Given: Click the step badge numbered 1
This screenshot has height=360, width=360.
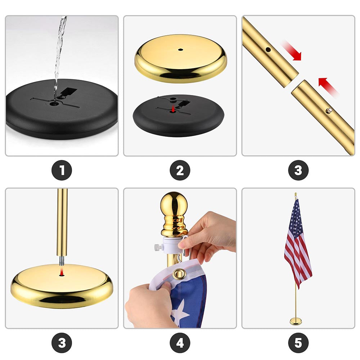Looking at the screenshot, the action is pos(62,170).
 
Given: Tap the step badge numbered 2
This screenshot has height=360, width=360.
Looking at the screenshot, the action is pos(180,170).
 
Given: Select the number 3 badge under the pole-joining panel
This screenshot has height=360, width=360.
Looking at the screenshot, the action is pos(298,170).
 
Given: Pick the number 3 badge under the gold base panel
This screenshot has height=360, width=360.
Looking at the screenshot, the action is pos(62,343).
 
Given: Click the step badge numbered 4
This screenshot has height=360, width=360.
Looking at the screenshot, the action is pos(180,343).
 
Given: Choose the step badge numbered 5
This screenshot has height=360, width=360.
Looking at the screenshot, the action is pos(298,343).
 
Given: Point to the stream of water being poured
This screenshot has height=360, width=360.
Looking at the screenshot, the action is pos(59,57).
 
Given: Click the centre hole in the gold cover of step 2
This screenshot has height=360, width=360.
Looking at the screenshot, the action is pos(180,50).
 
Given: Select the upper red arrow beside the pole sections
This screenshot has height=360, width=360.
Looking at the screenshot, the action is pos(292,51).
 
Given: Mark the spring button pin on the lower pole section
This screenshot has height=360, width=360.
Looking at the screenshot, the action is pos(329,111).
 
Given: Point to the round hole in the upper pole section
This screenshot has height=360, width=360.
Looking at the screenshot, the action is pos(268,50).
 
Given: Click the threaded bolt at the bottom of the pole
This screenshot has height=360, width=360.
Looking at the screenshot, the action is pos(62,261).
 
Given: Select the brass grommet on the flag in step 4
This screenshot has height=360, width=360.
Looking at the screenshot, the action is pos(179,274).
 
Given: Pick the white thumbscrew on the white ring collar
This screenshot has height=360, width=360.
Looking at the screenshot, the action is pos(158,248).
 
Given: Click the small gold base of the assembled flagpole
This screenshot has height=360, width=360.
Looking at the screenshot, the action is pos(296,321).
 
